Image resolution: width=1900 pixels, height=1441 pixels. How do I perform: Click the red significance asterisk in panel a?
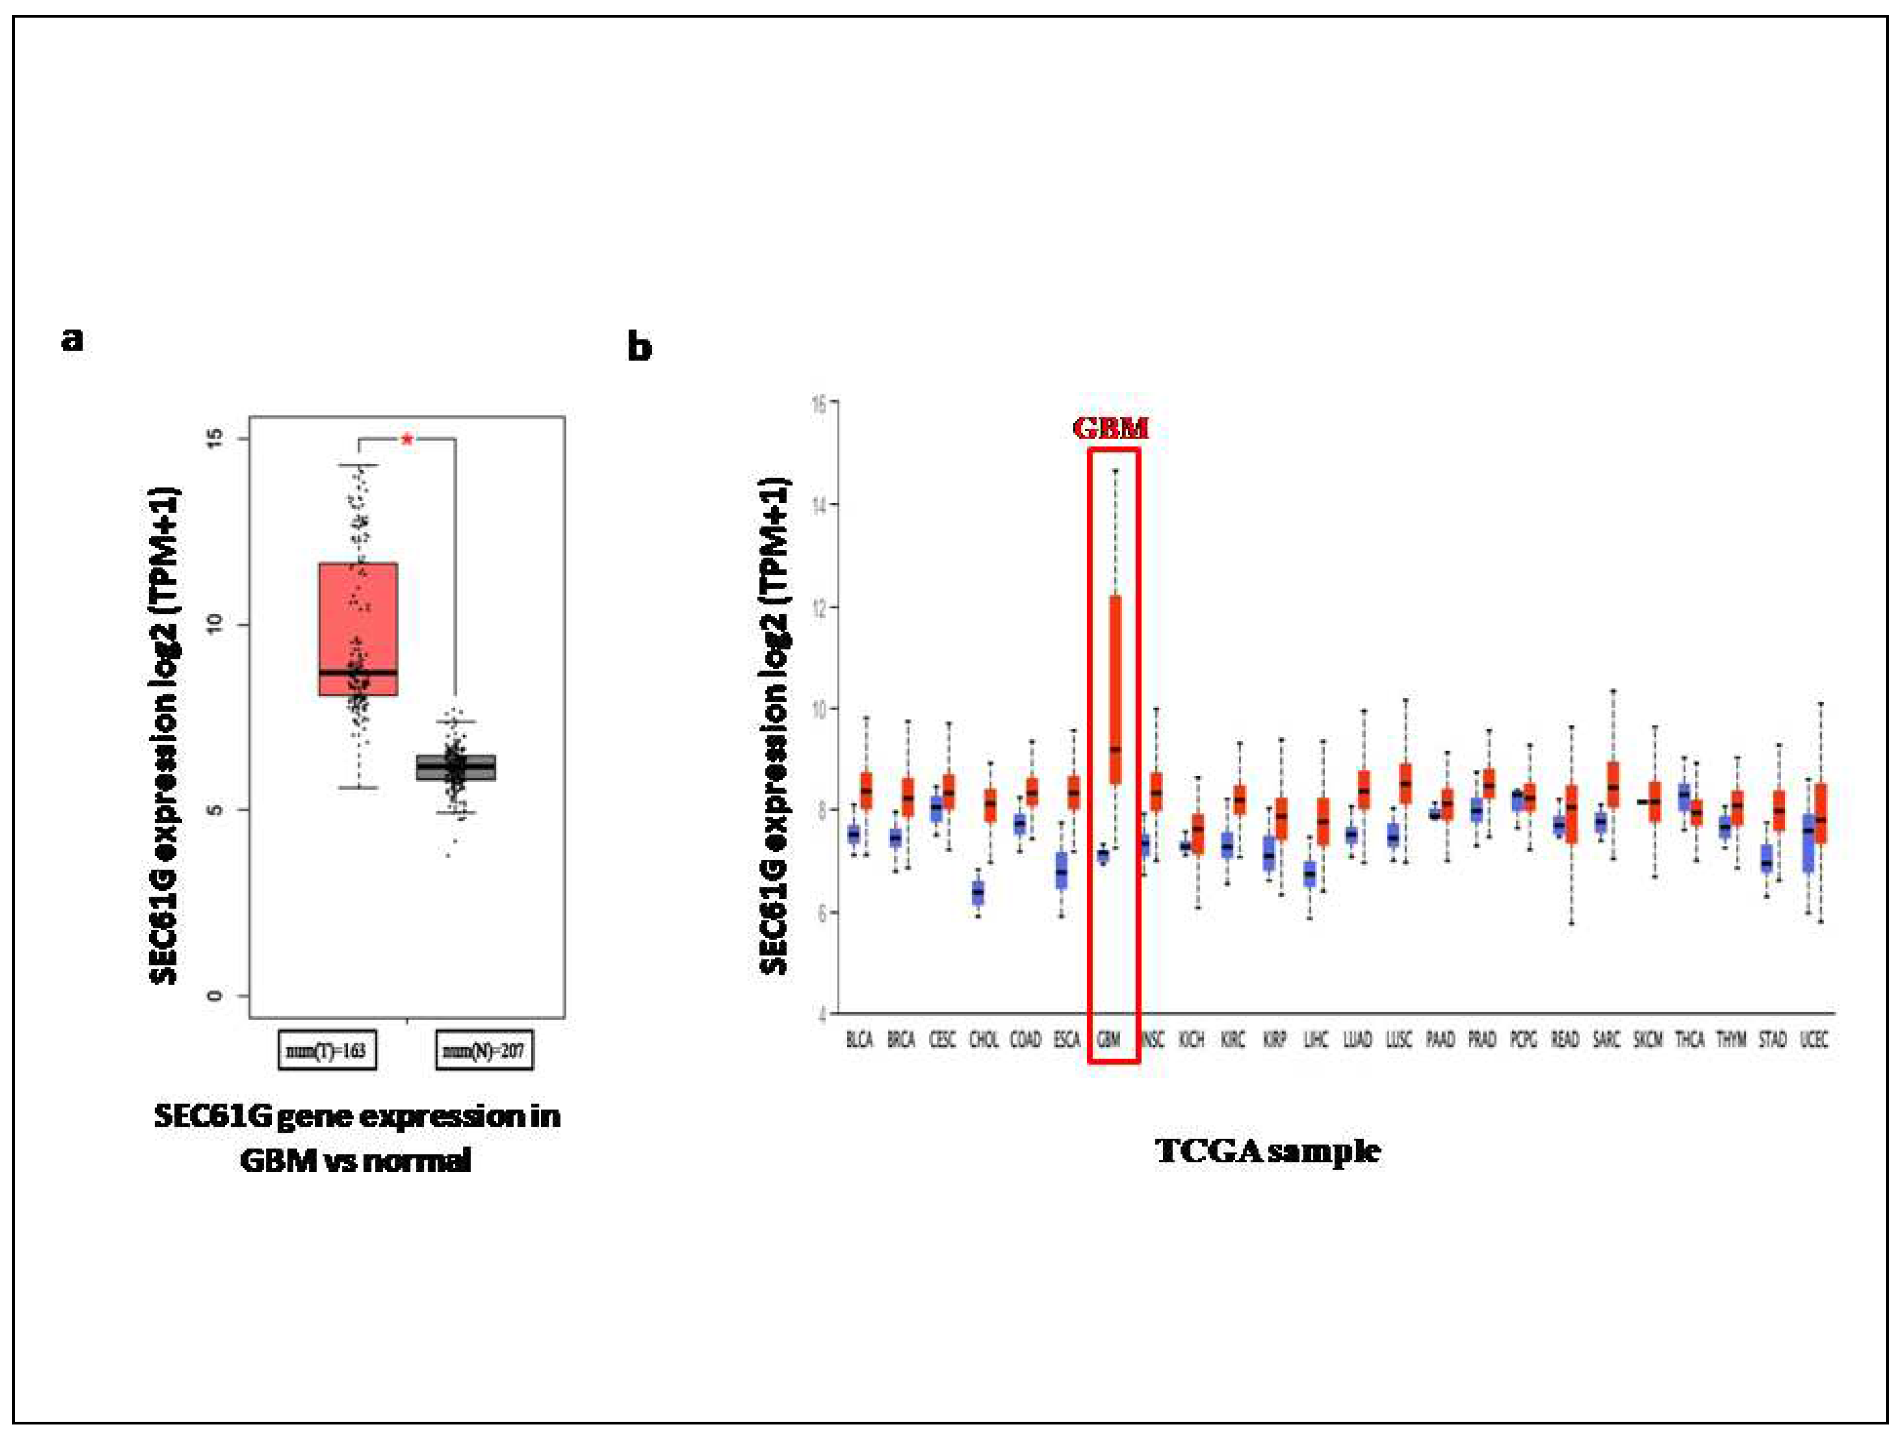coord(407,440)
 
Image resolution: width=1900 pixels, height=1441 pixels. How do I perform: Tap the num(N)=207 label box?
coord(484,1050)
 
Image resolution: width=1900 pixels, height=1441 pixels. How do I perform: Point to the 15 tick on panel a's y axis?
coord(216,439)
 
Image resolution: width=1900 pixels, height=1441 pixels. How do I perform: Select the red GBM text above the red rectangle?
coord(1111,428)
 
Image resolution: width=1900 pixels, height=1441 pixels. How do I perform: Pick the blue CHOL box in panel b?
coord(978,892)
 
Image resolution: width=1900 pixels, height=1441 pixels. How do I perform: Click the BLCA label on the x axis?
coord(859,1040)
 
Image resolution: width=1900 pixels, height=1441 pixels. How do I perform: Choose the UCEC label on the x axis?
coord(1814,1040)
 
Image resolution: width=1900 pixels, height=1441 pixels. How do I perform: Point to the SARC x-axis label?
coord(1606,1040)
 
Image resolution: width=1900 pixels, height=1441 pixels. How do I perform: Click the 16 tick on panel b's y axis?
coord(820,403)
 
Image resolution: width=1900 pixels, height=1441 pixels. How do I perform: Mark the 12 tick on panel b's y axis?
coord(820,606)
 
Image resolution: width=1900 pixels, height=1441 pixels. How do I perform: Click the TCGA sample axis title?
coord(1267,1151)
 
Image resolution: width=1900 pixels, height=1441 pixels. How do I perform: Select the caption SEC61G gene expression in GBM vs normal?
coord(357,1138)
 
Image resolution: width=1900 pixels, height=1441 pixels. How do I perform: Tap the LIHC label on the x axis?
coord(1316,1040)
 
